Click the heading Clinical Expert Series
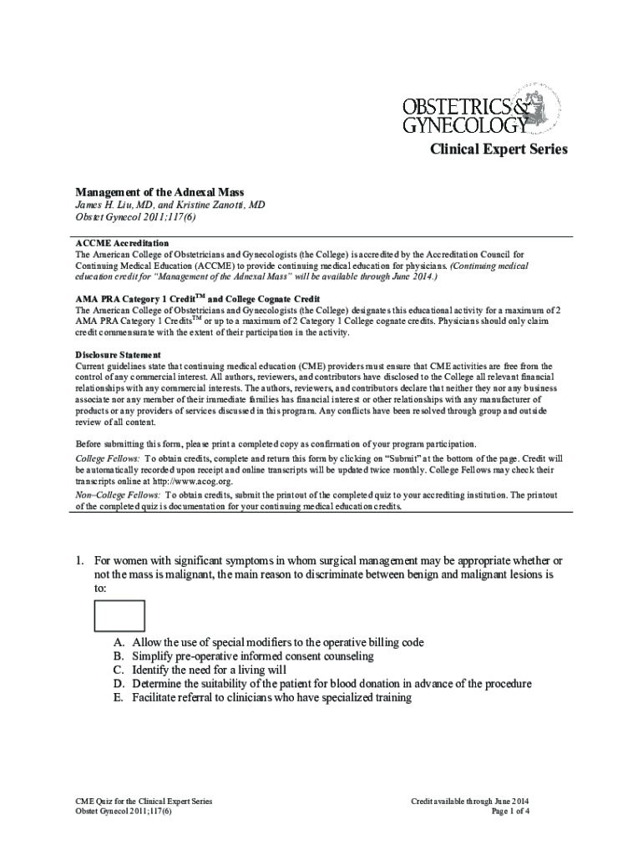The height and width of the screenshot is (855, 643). coord(499,149)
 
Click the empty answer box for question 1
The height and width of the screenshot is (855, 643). coord(119,616)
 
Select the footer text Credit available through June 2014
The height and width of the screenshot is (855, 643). coord(470,801)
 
